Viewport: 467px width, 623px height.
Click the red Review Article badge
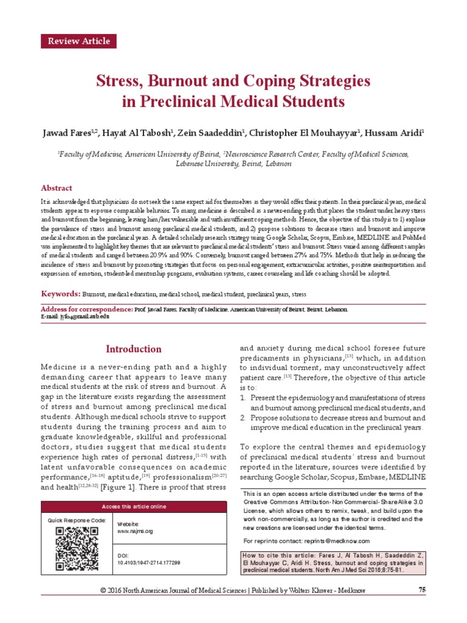[78, 41]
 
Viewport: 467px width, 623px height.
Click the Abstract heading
[57, 188]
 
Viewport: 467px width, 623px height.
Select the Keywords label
[60, 294]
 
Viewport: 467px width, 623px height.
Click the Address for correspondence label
[87, 309]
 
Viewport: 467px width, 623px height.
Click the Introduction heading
[133, 349]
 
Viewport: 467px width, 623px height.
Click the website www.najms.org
[134, 531]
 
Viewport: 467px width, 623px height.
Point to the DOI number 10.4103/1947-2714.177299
[148, 563]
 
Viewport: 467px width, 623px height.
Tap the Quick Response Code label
[77, 521]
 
